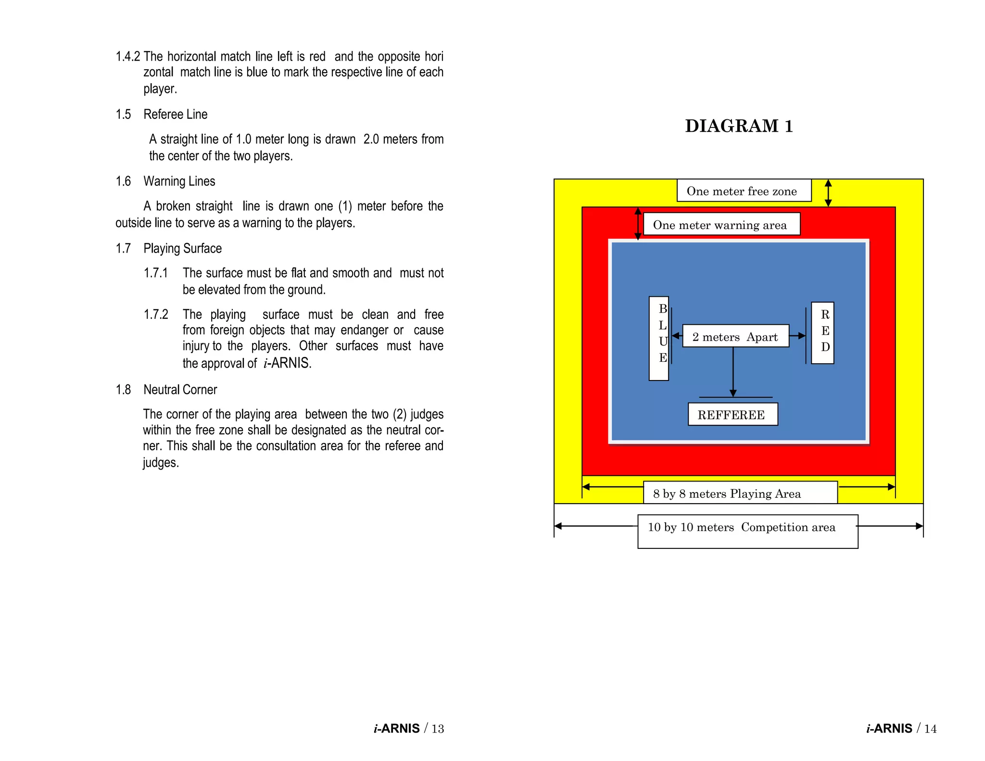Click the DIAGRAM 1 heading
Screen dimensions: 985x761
(x=739, y=126)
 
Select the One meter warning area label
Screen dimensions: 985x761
(x=721, y=224)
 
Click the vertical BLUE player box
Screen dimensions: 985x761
(x=659, y=338)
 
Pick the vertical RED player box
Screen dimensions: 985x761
(x=822, y=332)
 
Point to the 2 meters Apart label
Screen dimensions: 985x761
(x=735, y=336)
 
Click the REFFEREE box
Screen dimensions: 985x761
(x=732, y=414)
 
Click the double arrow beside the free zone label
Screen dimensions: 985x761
(x=828, y=193)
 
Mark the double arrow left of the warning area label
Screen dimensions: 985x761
(x=638, y=224)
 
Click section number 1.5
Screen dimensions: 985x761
(x=123, y=114)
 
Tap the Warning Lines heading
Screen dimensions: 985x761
(x=179, y=181)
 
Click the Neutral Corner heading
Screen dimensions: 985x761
(x=180, y=390)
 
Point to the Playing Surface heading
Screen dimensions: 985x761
(x=182, y=249)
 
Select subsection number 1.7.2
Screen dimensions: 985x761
(x=156, y=315)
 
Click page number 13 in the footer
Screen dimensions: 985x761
(x=438, y=728)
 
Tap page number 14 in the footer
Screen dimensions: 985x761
(x=930, y=728)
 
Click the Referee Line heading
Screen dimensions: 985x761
(x=175, y=114)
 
